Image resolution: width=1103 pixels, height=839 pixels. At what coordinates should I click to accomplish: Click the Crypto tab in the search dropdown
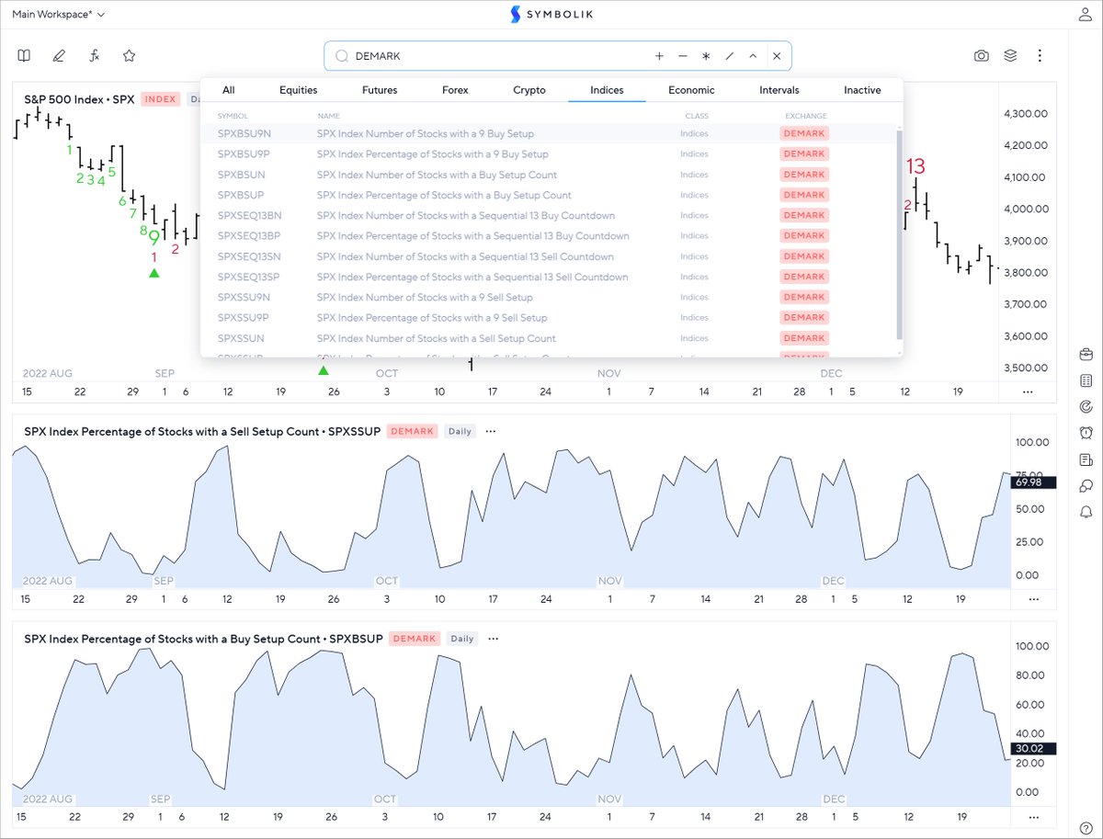pyautogui.click(x=529, y=90)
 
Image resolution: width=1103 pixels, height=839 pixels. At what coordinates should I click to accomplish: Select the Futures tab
pyautogui.click(x=380, y=90)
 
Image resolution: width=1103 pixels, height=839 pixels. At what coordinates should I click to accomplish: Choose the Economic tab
pyautogui.click(x=691, y=90)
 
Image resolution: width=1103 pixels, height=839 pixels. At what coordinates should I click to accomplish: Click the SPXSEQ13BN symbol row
pyautogui.click(x=250, y=216)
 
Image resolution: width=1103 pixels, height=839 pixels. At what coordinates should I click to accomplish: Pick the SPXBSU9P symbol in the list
pyautogui.click(x=244, y=154)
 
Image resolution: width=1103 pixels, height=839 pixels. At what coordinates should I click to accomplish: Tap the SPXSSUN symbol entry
pyautogui.click(x=241, y=338)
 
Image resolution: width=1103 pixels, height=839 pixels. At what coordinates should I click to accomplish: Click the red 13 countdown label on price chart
pyautogui.click(x=915, y=167)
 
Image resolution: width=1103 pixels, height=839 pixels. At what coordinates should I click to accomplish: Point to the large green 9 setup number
pyautogui.click(x=154, y=238)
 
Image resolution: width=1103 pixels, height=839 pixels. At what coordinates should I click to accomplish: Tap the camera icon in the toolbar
pyautogui.click(x=982, y=56)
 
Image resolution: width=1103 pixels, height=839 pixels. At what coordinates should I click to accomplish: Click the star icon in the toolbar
pyautogui.click(x=130, y=56)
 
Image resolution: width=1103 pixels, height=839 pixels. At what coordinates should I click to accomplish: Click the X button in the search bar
pyautogui.click(x=777, y=56)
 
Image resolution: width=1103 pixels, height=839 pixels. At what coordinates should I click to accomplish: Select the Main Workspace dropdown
pyautogui.click(x=59, y=15)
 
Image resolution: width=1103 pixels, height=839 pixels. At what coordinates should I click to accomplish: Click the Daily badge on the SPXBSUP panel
pyautogui.click(x=462, y=639)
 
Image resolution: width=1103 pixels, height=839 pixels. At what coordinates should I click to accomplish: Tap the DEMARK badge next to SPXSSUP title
pyautogui.click(x=411, y=431)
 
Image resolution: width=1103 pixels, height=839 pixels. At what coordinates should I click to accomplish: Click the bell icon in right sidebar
pyautogui.click(x=1086, y=512)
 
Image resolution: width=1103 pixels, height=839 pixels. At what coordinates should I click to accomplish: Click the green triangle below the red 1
pyautogui.click(x=154, y=273)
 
